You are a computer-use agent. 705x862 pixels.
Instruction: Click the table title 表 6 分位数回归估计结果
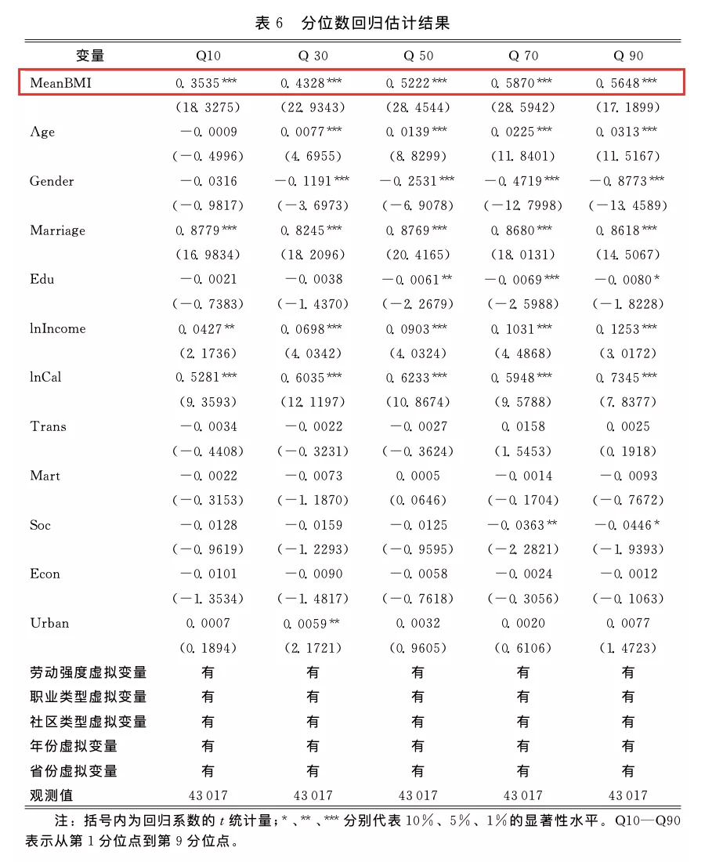[x=352, y=23]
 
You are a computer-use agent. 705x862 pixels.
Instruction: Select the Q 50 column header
[x=418, y=56]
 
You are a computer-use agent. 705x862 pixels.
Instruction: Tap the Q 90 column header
[x=628, y=56]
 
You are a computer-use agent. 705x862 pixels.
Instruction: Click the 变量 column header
[x=90, y=56]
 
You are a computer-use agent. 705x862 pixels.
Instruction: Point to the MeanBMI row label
[x=60, y=81]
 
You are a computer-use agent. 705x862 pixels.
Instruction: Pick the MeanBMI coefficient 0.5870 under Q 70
[x=521, y=82]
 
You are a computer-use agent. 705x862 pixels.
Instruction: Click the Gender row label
[x=52, y=181]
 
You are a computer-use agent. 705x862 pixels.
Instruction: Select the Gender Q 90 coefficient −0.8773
[x=627, y=181]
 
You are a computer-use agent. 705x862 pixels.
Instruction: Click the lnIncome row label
[x=57, y=328]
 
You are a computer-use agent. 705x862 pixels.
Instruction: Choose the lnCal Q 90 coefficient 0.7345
[x=627, y=378]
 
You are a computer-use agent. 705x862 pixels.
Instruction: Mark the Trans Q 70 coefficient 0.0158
[x=522, y=427]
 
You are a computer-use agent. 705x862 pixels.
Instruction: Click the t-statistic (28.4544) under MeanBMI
[x=418, y=107]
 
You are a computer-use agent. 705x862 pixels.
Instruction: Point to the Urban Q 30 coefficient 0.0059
[x=311, y=624]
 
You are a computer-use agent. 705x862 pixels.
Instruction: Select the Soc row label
[x=40, y=525]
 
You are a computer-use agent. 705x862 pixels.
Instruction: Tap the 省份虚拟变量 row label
[x=74, y=771]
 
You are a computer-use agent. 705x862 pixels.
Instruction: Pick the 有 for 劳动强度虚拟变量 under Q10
[x=208, y=672]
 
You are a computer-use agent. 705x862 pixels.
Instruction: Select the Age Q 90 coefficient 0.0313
[x=627, y=132]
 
